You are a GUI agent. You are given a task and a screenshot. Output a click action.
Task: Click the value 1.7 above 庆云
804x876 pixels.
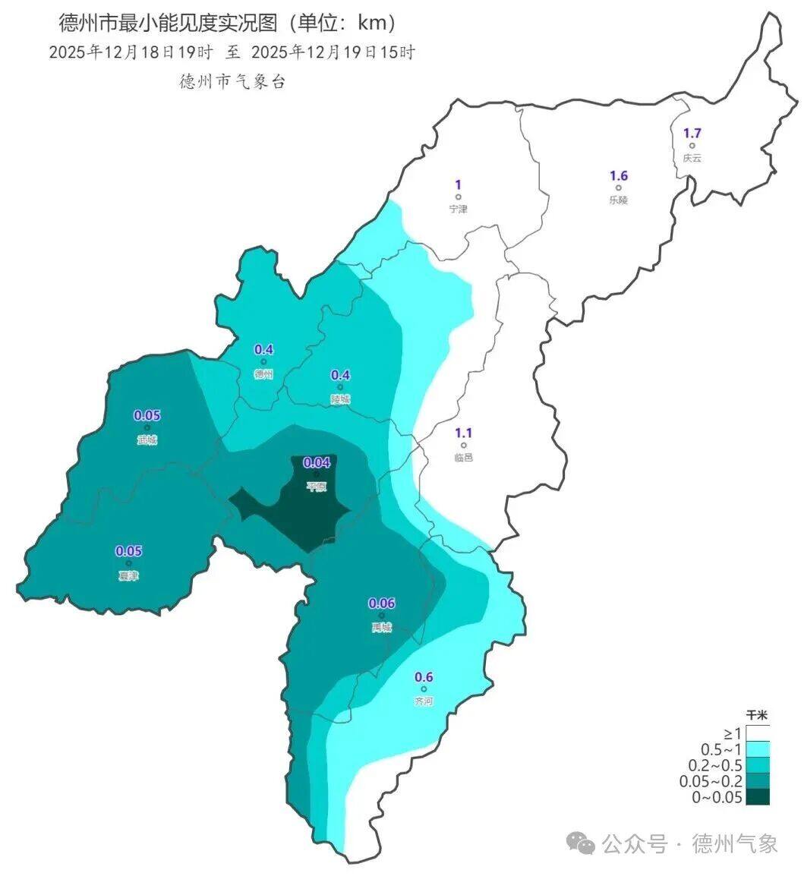click(x=692, y=133)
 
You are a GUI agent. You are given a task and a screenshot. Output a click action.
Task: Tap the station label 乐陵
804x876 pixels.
click(x=619, y=201)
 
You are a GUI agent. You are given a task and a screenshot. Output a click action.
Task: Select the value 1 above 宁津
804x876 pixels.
click(x=458, y=184)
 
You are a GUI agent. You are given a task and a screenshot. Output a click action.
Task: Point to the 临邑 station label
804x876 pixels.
click(x=463, y=458)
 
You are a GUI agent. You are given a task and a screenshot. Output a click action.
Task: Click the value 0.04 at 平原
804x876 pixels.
click(x=317, y=462)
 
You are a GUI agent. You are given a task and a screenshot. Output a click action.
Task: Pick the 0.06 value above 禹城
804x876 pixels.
click(x=381, y=603)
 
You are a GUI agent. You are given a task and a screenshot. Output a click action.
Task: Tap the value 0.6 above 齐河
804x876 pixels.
click(x=424, y=677)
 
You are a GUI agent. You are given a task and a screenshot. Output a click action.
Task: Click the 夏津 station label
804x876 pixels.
click(x=128, y=576)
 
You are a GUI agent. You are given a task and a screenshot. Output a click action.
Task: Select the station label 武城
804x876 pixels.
click(x=147, y=440)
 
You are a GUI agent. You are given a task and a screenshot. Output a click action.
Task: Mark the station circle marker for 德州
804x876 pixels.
click(x=263, y=362)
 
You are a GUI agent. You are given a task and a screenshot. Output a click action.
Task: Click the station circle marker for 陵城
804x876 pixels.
click(x=341, y=387)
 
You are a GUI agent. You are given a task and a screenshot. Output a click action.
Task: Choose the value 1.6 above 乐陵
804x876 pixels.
click(x=619, y=176)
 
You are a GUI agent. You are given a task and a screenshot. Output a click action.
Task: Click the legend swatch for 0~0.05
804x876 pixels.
click(x=757, y=796)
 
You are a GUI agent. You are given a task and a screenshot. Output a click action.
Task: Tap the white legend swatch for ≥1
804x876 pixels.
click(x=757, y=733)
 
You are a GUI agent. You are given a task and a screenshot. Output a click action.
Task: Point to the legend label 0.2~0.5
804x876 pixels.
click(x=715, y=765)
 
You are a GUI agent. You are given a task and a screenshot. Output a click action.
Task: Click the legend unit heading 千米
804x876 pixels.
click(x=757, y=715)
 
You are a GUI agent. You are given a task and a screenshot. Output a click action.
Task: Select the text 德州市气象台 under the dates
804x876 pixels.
click(x=232, y=82)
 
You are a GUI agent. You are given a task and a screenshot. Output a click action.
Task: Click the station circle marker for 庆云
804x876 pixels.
click(x=692, y=146)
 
